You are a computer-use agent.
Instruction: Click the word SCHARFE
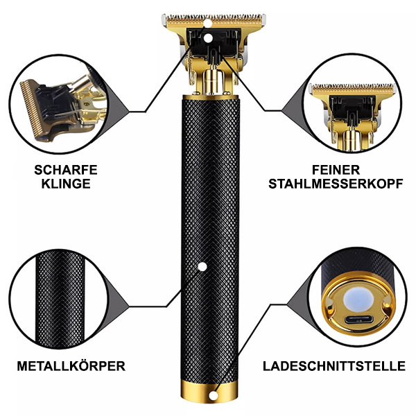tap(66, 170)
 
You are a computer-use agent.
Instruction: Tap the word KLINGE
tap(66, 184)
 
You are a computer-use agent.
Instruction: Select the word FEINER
tap(336, 170)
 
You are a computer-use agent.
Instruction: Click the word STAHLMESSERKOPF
tap(336, 184)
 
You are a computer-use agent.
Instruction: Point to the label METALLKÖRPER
tap(71, 366)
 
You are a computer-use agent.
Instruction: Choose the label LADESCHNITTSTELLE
tap(334, 366)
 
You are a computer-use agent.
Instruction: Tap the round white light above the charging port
tap(358, 300)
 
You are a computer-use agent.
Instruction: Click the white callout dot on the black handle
tap(202, 267)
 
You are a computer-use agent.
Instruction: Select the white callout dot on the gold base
tap(213, 396)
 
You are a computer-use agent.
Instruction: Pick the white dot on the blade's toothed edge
tap(208, 24)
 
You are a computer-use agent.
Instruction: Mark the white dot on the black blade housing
tap(208, 38)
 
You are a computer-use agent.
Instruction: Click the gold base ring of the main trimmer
tap(209, 393)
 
